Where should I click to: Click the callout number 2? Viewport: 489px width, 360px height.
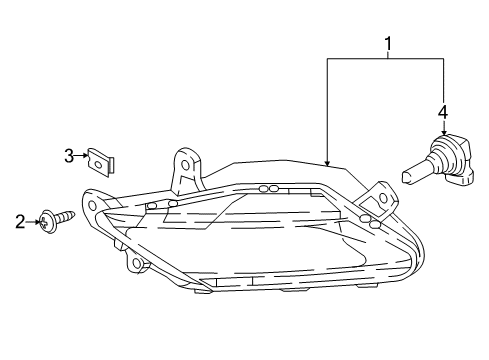click(x=19, y=220)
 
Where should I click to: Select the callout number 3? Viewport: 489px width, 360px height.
click(x=69, y=155)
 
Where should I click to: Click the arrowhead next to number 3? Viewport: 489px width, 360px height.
click(x=84, y=155)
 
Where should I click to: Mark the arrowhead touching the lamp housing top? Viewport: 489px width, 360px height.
click(x=327, y=160)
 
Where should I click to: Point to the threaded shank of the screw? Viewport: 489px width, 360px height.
click(x=67, y=216)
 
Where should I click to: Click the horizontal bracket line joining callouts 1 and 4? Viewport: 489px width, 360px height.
click(x=384, y=58)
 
